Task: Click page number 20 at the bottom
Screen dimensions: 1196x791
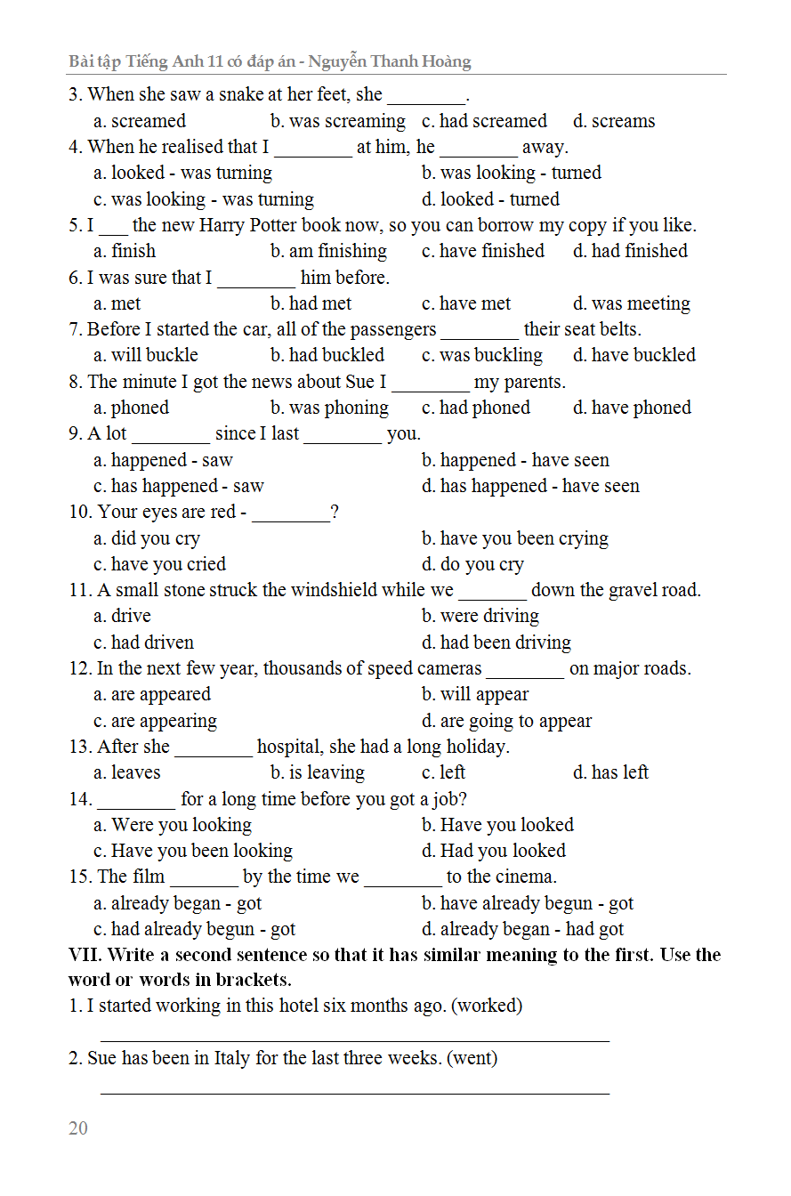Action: click(78, 1128)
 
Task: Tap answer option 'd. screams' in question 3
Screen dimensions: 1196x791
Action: click(613, 121)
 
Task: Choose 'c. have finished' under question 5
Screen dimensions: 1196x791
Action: click(482, 251)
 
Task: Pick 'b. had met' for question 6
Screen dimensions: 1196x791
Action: click(311, 303)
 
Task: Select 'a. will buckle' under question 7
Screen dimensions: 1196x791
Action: click(145, 355)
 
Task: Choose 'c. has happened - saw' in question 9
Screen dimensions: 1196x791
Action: click(178, 486)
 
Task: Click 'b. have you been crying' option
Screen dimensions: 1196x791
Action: click(514, 538)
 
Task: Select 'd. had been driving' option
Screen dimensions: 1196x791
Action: click(496, 642)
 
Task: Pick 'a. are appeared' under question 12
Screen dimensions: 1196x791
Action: click(151, 694)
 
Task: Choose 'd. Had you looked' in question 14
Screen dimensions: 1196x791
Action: click(493, 851)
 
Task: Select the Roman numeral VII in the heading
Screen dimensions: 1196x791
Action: click(85, 955)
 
